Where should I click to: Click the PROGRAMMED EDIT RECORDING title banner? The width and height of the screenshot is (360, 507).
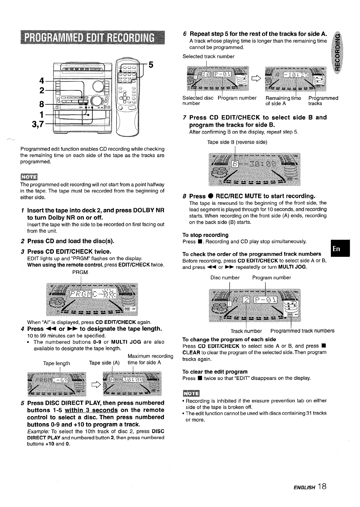[x=93, y=38]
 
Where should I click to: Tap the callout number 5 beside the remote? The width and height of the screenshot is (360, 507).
[x=151, y=65]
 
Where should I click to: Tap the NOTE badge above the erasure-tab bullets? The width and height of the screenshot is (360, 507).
[x=191, y=394]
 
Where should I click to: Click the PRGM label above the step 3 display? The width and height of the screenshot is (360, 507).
[x=79, y=272]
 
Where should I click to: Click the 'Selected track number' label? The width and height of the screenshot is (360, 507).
[x=209, y=56]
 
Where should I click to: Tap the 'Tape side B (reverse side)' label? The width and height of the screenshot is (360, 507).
[x=237, y=142]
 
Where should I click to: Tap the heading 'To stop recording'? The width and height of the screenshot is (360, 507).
[x=205, y=235]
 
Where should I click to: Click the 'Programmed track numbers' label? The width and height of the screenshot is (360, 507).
[x=302, y=331]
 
